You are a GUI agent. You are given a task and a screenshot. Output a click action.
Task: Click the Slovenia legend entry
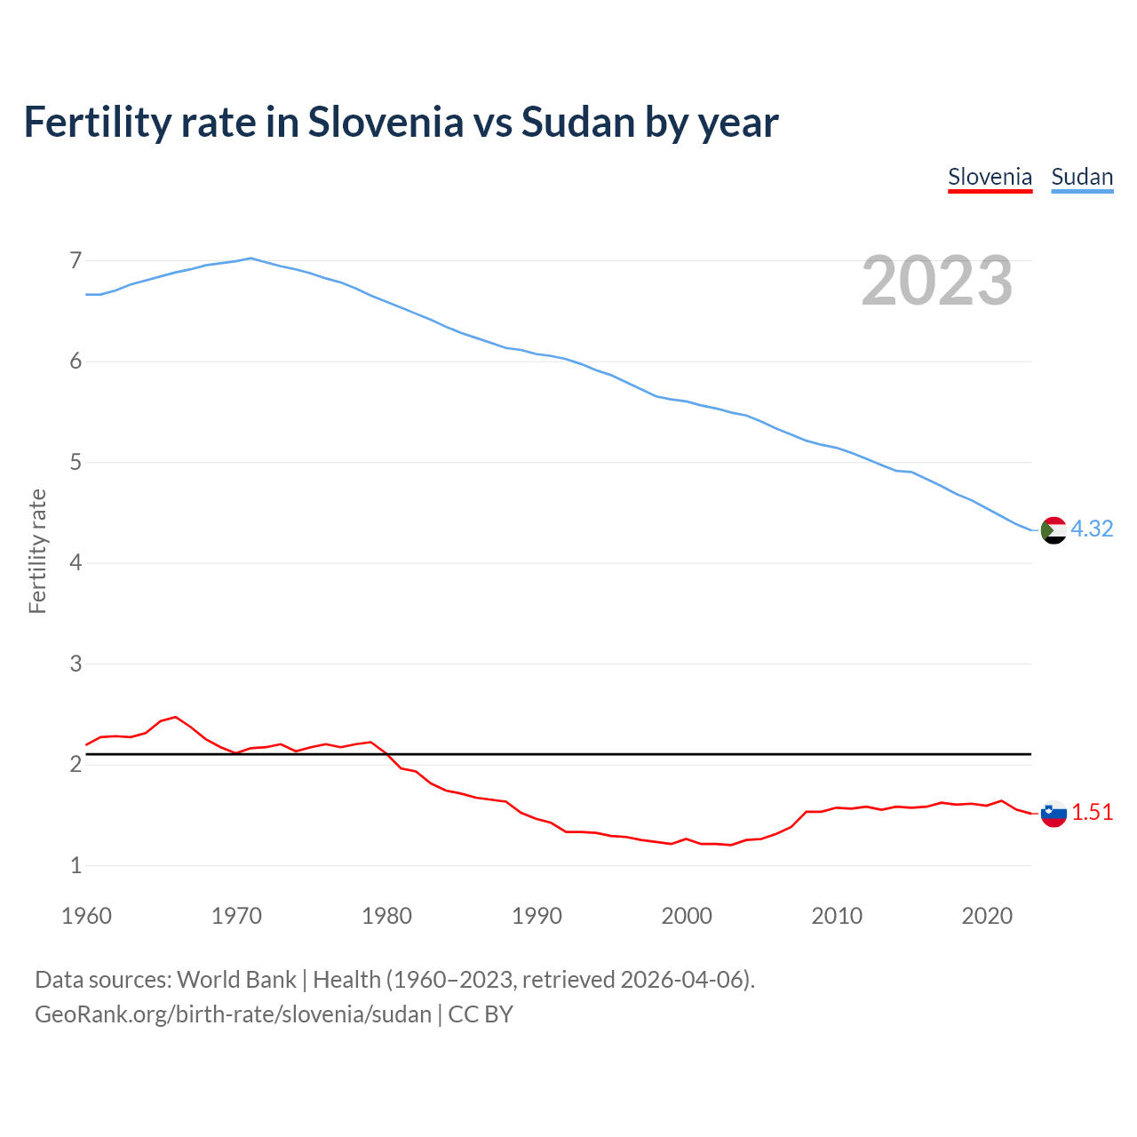pyautogui.click(x=990, y=177)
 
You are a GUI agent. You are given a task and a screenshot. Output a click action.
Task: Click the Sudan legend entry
pyautogui.click(x=1082, y=177)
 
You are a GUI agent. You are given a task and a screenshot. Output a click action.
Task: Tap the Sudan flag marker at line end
pyautogui.click(x=1054, y=529)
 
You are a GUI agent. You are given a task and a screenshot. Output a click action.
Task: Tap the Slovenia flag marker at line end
pyautogui.click(x=1054, y=813)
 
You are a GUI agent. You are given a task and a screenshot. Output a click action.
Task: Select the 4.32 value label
pyautogui.click(x=1092, y=529)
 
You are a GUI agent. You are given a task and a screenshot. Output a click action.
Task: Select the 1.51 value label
pyautogui.click(x=1092, y=812)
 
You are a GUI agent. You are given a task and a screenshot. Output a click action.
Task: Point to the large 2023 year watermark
pyautogui.click(x=937, y=281)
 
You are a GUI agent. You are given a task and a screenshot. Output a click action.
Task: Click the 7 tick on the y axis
pyautogui.click(x=76, y=260)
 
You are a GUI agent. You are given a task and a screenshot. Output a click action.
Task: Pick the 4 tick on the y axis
pyautogui.click(x=76, y=563)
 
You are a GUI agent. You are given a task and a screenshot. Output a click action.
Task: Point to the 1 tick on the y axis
pyautogui.click(x=76, y=865)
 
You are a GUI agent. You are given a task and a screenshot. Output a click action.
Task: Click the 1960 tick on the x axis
pyautogui.click(x=86, y=916)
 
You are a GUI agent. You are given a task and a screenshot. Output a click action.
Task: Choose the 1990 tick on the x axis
pyautogui.click(x=537, y=916)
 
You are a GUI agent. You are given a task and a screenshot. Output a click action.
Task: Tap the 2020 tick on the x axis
pyautogui.click(x=987, y=916)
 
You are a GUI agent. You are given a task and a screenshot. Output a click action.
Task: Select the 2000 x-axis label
pyautogui.click(x=687, y=916)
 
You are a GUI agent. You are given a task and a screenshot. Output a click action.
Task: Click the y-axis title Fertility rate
pyautogui.click(x=37, y=551)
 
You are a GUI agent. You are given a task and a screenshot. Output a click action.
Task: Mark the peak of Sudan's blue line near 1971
pyautogui.click(x=250, y=258)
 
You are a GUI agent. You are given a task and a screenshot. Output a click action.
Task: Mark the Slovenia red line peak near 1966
pyautogui.click(x=176, y=717)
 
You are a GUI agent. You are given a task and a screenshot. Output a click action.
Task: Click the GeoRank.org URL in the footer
pyautogui.click(x=233, y=1014)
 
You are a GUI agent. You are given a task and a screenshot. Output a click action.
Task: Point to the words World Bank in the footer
pyautogui.click(x=236, y=979)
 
